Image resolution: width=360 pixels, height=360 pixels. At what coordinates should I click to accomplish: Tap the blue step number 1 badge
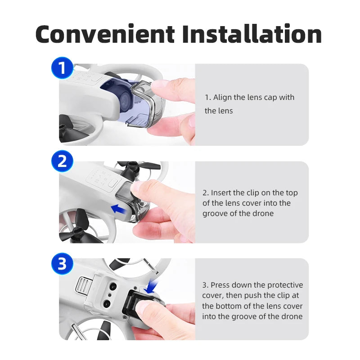(x=63, y=68)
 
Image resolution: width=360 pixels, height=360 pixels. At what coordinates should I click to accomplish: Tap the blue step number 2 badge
(x=63, y=161)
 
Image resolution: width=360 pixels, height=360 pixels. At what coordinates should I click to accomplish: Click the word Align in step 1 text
(x=224, y=97)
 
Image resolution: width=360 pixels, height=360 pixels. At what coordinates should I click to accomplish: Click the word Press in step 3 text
(x=221, y=285)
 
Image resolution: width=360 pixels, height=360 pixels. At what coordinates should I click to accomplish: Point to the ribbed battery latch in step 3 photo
(x=82, y=285)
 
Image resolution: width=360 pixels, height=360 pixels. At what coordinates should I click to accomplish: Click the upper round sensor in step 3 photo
(x=110, y=287)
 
